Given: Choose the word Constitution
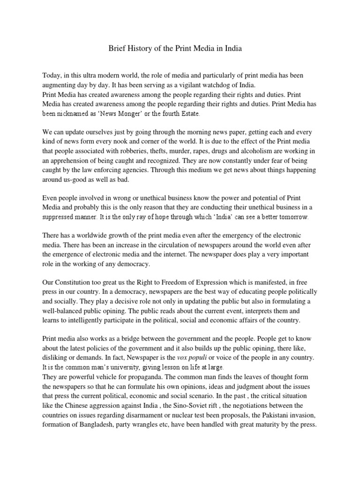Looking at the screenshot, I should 74,283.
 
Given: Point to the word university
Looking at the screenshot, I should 119,367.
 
